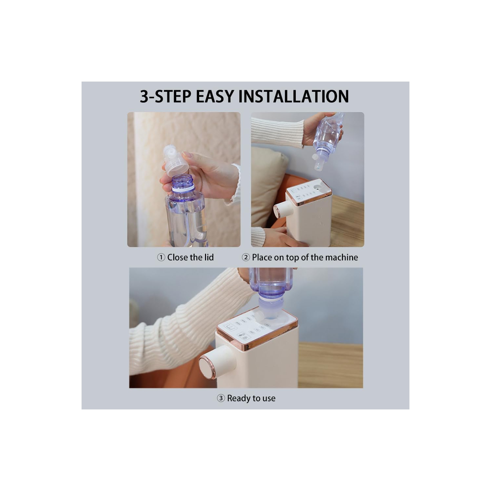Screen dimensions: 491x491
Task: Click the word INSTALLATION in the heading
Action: pos(293,96)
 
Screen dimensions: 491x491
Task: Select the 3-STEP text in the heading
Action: pos(165,96)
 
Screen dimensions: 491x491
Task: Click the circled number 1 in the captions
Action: pos(161,257)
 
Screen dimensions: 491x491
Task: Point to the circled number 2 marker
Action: pos(246,257)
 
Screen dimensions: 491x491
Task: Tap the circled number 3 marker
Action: pos(221,398)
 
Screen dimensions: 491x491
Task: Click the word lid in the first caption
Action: pos(209,257)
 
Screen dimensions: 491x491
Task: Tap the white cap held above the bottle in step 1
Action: pos(176,161)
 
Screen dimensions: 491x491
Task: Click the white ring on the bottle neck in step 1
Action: pos(183,189)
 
